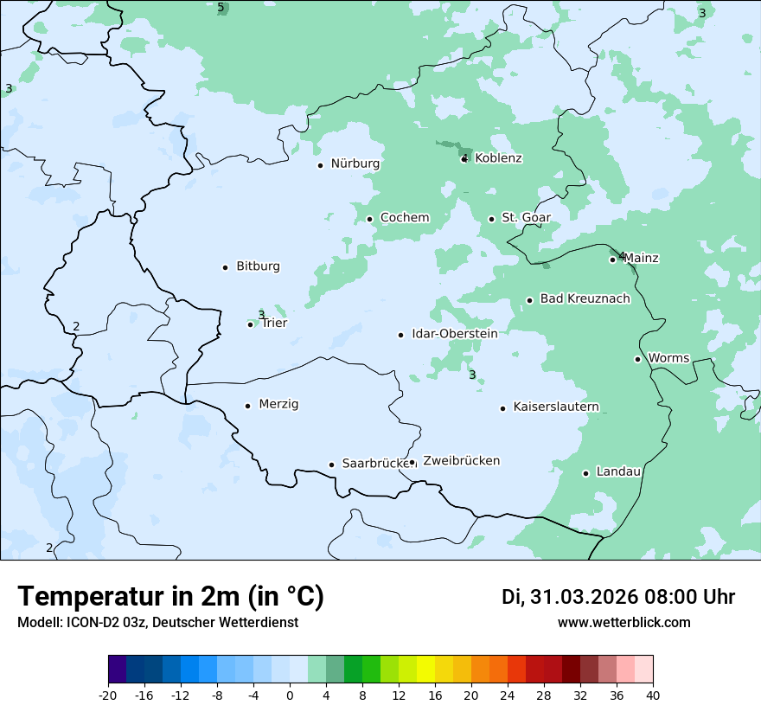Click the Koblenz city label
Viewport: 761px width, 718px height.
point(498,158)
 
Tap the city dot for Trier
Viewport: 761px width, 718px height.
point(251,324)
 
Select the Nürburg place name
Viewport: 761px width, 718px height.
point(355,163)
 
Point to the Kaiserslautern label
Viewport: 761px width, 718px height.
point(556,407)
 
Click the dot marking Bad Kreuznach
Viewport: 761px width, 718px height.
point(529,300)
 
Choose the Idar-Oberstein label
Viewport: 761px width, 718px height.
point(454,334)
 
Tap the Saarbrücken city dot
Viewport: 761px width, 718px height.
point(331,465)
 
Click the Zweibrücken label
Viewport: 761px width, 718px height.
point(461,461)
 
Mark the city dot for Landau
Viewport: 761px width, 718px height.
point(585,473)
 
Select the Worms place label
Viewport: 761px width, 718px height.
point(668,358)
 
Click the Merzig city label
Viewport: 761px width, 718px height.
point(278,405)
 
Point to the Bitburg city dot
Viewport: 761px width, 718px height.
point(225,267)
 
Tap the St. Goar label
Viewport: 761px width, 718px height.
point(526,218)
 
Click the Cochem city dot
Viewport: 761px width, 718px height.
point(369,219)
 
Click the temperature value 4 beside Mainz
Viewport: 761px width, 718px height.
point(621,255)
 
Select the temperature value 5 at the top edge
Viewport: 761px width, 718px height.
point(221,8)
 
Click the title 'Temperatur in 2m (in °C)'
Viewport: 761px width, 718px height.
point(170,597)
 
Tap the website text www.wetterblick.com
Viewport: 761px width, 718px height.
point(624,623)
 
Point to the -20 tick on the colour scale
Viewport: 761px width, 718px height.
point(108,695)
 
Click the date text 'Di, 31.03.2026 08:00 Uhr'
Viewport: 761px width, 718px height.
point(618,597)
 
